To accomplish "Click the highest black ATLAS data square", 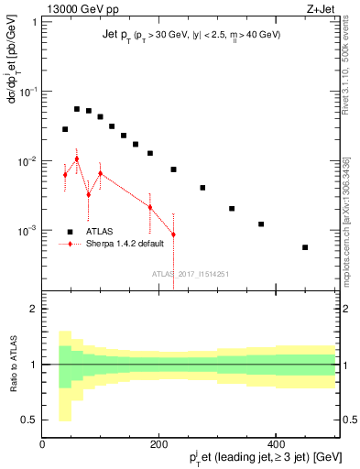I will point(77,109).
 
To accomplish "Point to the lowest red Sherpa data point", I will point(173,234).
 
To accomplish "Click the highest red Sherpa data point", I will point(77,158).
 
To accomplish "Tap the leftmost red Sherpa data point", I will point(65,174).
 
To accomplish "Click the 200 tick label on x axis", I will point(158,446).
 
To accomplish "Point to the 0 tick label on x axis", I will point(42,446).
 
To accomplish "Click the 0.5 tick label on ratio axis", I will point(28,420).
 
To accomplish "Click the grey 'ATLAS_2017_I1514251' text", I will point(191,273).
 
